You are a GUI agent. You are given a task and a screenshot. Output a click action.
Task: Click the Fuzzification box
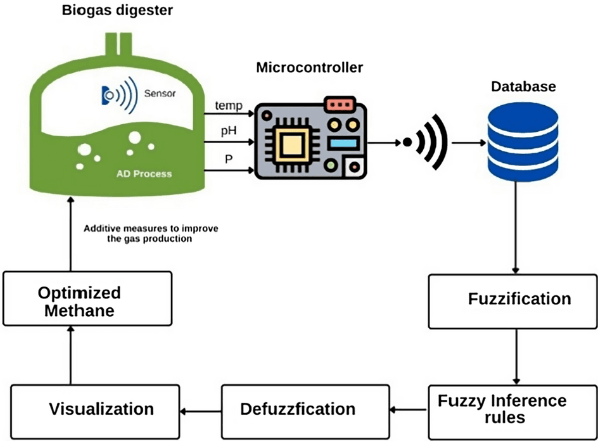[x=513, y=302]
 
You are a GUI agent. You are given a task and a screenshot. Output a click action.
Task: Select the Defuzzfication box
[x=305, y=412]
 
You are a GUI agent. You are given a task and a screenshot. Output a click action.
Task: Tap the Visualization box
[x=95, y=412]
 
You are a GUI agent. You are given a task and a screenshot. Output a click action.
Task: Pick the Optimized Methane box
[x=87, y=298]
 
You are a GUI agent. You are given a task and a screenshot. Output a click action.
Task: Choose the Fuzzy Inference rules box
[x=513, y=412]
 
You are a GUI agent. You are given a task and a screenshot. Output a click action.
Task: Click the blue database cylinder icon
[x=523, y=141]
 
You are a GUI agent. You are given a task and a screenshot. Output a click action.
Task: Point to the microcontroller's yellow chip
[x=292, y=144]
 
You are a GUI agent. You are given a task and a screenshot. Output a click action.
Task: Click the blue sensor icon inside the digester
[x=119, y=95]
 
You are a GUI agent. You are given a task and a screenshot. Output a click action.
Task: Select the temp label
[x=229, y=105]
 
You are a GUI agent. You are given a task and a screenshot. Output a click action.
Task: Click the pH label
[x=229, y=131]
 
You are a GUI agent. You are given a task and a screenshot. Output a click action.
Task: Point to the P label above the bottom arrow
[x=229, y=158]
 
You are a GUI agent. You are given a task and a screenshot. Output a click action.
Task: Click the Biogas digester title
[x=117, y=10]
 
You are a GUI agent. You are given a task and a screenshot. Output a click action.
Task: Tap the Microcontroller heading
[x=309, y=67]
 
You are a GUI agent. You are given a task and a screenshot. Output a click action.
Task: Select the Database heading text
[x=523, y=86]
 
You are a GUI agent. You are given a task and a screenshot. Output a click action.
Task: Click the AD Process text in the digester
[x=144, y=174]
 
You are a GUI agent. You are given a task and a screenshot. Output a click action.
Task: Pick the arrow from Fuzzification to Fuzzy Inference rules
[x=516, y=357]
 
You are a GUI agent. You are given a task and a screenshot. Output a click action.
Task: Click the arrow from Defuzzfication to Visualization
[x=201, y=412]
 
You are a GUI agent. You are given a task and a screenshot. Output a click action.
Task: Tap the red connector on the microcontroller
[x=340, y=105]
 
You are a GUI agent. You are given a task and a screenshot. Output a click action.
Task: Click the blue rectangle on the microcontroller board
[x=343, y=144]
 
